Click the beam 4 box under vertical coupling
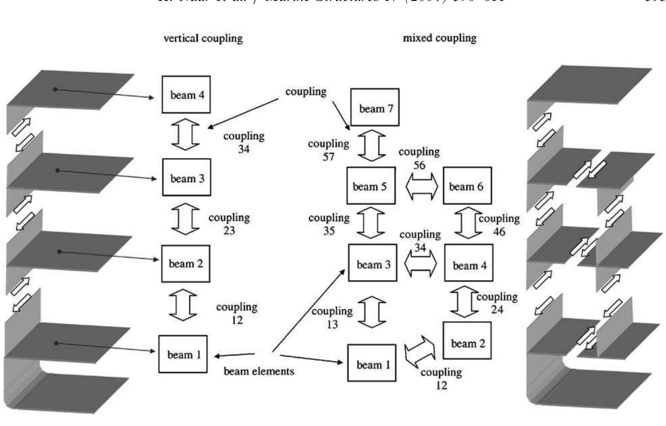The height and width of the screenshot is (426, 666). pyautogui.click(x=186, y=95)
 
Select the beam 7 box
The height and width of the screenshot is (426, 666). pyautogui.click(x=374, y=108)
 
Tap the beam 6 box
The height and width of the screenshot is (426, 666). pyautogui.click(x=467, y=186)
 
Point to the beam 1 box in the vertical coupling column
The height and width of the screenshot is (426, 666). pyautogui.click(x=183, y=354)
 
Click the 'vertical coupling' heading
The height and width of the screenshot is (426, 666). pyautogui.click(x=203, y=38)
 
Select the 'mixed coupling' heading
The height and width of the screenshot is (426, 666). pyautogui.click(x=440, y=38)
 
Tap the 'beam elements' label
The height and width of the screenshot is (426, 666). pyautogui.click(x=259, y=371)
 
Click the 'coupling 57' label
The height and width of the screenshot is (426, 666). pyautogui.click(x=329, y=150)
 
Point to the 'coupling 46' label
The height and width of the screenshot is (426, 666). pyautogui.click(x=499, y=224)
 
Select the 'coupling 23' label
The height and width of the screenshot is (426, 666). pyautogui.click(x=229, y=224)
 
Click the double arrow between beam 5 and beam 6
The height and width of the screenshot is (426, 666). pyautogui.click(x=422, y=187)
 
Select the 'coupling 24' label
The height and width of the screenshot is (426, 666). pyautogui.click(x=496, y=303)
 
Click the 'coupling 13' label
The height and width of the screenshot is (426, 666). pyautogui.click(x=332, y=317)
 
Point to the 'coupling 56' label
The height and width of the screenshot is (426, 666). pyautogui.click(x=419, y=158)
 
